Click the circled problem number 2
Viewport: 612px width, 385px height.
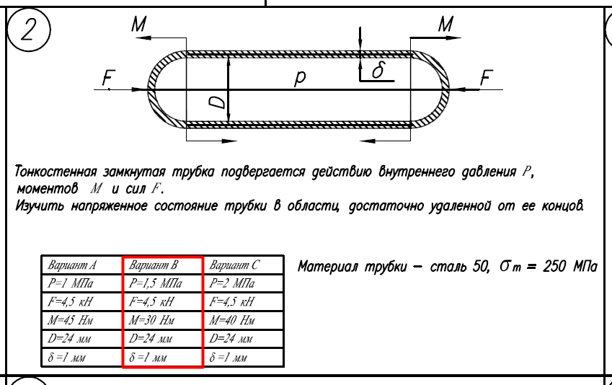coord(29,30)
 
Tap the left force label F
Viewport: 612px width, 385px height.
coord(109,77)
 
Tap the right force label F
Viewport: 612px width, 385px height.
coord(487,77)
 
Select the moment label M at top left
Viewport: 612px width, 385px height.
coord(139,25)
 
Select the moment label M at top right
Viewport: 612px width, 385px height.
coord(445,25)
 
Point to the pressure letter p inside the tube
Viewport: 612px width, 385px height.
coord(299,78)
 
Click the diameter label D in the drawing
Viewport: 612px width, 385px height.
coord(218,102)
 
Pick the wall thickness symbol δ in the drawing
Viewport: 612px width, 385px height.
coord(378,69)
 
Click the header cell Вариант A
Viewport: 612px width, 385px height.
coord(72,265)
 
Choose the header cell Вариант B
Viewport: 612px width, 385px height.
coord(153,265)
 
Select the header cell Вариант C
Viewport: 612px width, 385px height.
coord(234,265)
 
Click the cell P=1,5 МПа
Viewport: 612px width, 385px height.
coord(155,283)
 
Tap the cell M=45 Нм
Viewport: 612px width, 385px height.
coord(70,321)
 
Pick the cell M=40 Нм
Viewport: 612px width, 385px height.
coord(232,321)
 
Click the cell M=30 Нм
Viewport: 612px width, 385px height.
coord(151,321)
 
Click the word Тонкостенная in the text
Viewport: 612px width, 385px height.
coord(56,172)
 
